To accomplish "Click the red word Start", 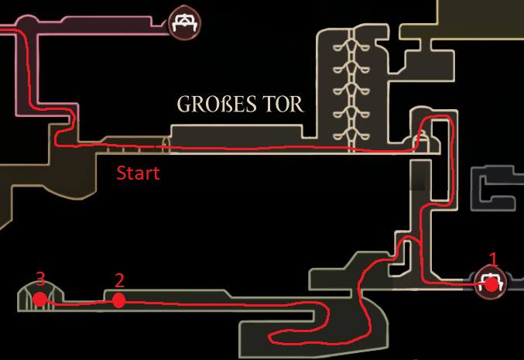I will coord(138,173).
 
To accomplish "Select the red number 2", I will coord(119,279).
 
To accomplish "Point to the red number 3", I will coord(40,277).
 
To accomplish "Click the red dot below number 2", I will coord(118,300).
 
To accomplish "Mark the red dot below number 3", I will coord(40,298).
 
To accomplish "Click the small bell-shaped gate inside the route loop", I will coord(422,141).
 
